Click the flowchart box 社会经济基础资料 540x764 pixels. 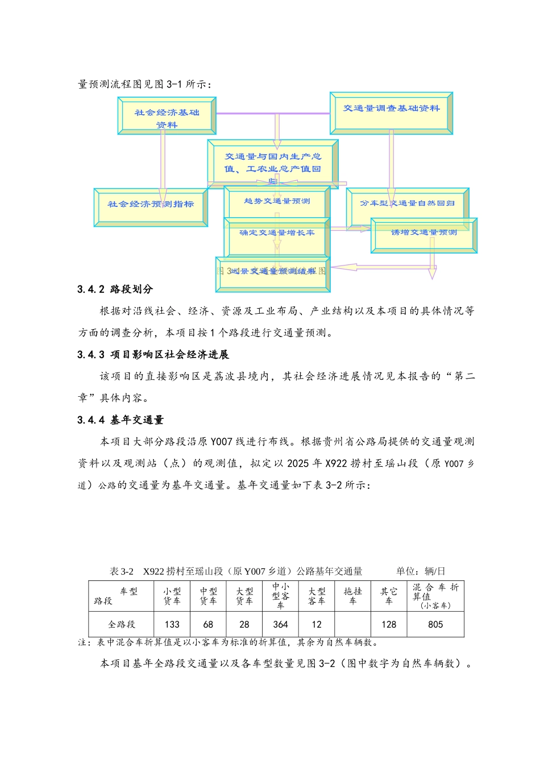pos(167,116)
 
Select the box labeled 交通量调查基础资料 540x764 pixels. pos(391,113)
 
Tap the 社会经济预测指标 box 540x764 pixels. pos(151,207)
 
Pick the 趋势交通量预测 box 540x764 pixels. pos(277,201)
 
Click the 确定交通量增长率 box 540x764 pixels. pos(277,236)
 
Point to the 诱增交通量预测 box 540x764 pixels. pos(423,235)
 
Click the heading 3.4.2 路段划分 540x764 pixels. pos(115,289)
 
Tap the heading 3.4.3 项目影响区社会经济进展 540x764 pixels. pos(153,355)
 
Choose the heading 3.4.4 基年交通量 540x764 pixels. pos(121,420)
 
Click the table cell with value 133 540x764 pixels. pos(172,624)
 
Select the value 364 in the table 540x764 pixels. pos(280,624)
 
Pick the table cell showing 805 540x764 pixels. pos(435,624)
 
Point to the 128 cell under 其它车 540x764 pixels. pos(389,624)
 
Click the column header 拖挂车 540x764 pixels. pos(352,596)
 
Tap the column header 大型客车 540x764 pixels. pos(317,596)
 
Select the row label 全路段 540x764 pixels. pos(122,624)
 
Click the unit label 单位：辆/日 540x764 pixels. pos(421,571)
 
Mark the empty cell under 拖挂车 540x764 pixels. pos(352,624)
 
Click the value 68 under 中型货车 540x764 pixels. pos(208,624)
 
